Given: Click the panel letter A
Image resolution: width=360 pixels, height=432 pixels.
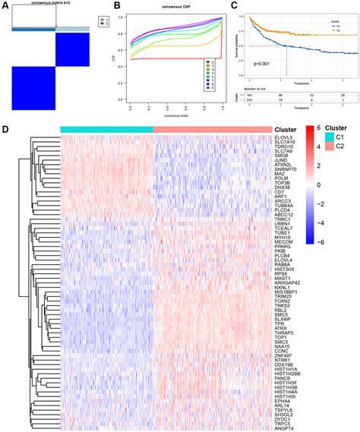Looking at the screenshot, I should [6, 6].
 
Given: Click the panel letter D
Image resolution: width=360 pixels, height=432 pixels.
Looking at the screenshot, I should [6, 129].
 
